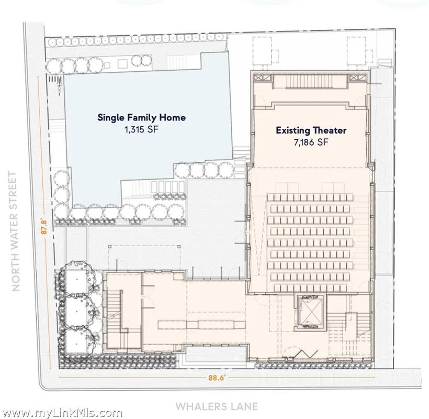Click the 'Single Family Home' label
click(141, 117)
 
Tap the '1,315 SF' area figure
click(141, 129)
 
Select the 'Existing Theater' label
click(311, 130)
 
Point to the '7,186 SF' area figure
click(311, 142)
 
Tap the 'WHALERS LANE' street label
click(217, 406)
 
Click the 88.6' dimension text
click(217, 378)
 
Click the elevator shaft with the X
click(310, 313)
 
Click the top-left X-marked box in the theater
click(263, 78)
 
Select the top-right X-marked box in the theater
click(357, 78)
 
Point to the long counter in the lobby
click(201, 325)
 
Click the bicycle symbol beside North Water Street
click(59, 87)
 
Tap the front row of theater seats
click(310, 197)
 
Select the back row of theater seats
click(310, 288)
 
